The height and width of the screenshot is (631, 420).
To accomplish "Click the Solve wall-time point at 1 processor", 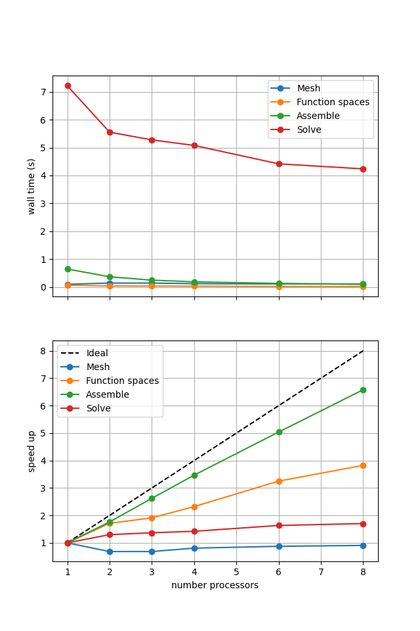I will click(68, 85).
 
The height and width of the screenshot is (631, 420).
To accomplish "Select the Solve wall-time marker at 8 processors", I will click(363, 169).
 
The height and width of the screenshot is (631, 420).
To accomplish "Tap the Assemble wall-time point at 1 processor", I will click(68, 269).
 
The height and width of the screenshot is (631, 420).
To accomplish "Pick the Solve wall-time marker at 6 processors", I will click(279, 164).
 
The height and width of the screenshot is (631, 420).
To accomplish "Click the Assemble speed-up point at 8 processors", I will click(363, 390).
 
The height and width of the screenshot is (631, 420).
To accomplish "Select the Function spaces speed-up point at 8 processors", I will click(363, 465).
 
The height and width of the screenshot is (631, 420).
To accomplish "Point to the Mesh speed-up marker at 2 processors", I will click(110, 551).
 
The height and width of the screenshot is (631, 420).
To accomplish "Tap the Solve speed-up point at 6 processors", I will click(279, 525).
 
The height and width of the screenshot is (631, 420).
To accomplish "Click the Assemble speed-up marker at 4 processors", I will click(194, 475).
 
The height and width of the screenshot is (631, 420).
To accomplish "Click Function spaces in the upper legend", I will click(333, 102).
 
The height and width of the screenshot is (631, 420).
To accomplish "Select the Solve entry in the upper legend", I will click(309, 129).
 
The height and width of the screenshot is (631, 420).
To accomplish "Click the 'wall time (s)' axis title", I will click(31, 186).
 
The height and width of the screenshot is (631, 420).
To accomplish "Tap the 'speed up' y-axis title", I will click(31, 451).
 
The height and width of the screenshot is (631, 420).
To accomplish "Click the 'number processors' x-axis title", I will click(215, 585).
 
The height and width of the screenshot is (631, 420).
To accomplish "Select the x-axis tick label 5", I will click(236, 573).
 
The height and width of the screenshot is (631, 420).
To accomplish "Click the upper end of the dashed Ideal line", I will click(363, 351).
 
